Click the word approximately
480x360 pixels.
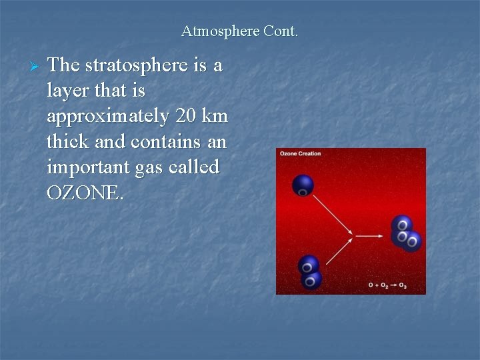(x=107, y=117)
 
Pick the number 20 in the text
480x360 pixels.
(x=187, y=116)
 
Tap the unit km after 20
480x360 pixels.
(x=215, y=116)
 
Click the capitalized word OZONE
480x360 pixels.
(x=85, y=193)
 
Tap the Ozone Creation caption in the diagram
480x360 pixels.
(x=300, y=154)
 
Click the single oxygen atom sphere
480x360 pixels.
(x=303, y=185)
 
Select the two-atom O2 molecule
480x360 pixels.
(x=309, y=273)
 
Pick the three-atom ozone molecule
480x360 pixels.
(x=405, y=233)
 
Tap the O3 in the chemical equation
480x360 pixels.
(x=402, y=285)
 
